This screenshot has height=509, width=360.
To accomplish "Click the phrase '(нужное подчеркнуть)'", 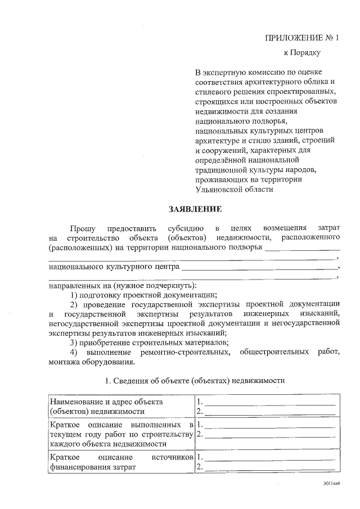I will pos(159,285).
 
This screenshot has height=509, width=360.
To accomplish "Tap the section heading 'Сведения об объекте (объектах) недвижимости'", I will pos(195,381).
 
